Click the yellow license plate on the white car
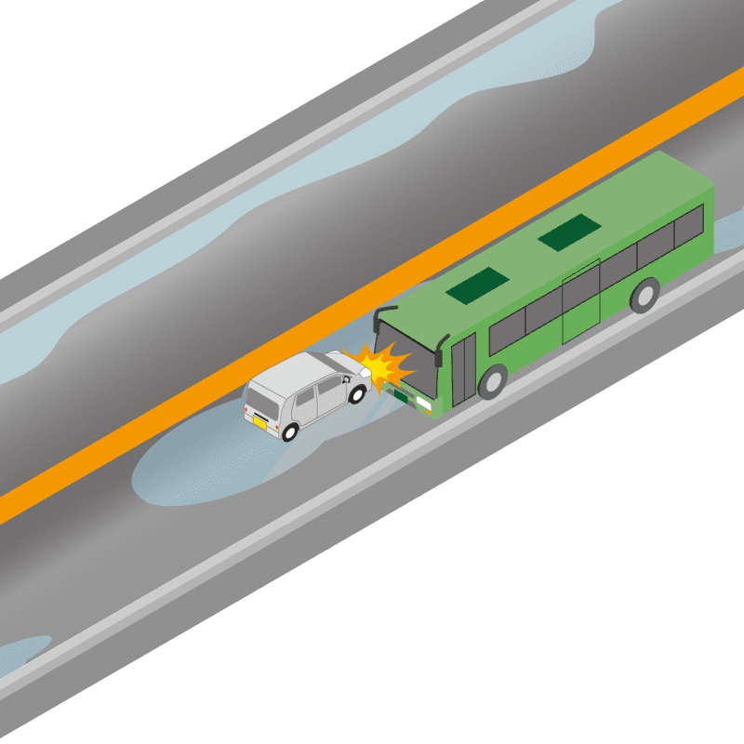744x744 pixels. click(x=261, y=421)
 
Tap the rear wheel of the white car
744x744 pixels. click(x=291, y=432)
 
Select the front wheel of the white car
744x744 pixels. click(x=356, y=393)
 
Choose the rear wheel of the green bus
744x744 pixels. click(x=644, y=295)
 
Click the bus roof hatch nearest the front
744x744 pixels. click(x=477, y=286)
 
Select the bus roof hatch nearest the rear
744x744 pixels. click(x=569, y=232)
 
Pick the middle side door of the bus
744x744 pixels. click(x=580, y=303)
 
